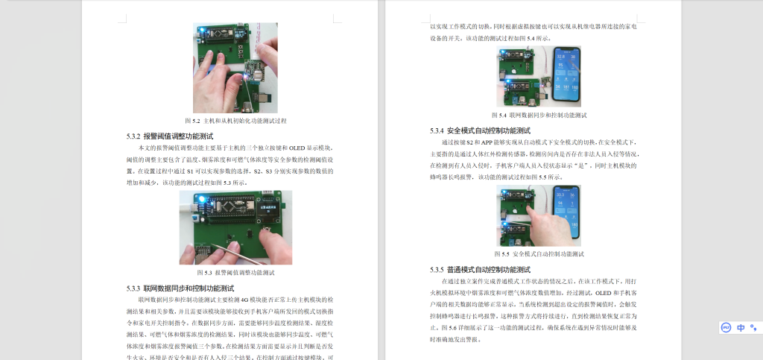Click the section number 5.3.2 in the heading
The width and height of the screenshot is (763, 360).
133,136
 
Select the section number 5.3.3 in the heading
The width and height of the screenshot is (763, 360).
133,288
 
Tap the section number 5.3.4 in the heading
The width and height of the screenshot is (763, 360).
437,130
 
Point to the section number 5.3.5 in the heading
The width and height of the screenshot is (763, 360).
437,269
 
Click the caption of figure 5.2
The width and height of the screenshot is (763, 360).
235,121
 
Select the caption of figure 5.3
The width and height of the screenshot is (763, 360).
235,273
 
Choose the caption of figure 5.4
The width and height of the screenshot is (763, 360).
539,116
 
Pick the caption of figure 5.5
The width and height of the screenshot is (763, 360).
539,254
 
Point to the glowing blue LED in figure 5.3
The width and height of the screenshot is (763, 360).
202,199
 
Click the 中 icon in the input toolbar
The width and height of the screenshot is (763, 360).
741,327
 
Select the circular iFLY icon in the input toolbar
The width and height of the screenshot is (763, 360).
726,327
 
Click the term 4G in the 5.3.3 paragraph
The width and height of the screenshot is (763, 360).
243,299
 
